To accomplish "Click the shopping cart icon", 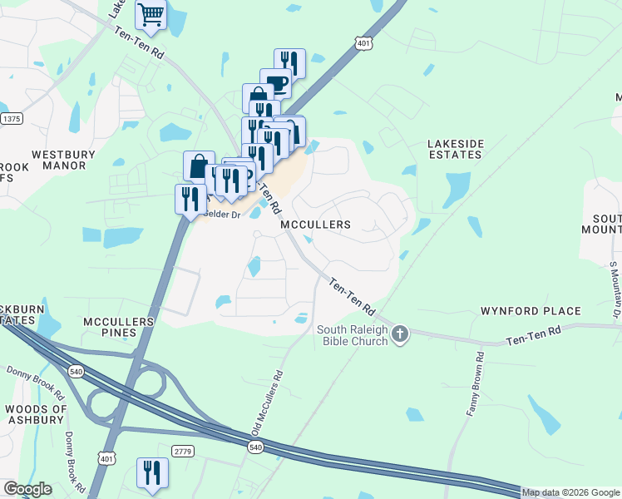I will [151, 13].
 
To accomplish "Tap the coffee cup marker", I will [275, 83].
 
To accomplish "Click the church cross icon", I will [400, 334].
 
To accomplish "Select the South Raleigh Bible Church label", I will [353, 335].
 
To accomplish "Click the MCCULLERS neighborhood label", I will [315, 225].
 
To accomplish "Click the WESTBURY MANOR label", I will [59, 160].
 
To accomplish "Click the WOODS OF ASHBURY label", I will [35, 414].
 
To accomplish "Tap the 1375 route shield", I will [11, 119].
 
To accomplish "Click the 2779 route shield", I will [183, 450].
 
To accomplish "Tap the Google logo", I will [27, 489].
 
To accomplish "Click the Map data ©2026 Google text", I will [571, 492].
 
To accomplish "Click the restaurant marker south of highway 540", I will [152, 472].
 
